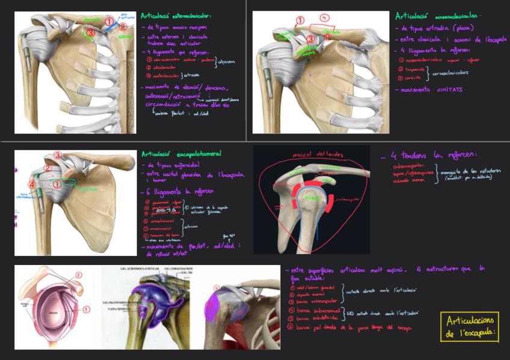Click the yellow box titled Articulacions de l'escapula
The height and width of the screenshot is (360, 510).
469,327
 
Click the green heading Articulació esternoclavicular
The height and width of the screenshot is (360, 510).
177,16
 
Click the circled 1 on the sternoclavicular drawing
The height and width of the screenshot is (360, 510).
109,22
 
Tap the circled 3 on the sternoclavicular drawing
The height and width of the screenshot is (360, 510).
91,34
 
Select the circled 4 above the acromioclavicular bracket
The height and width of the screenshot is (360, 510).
325,18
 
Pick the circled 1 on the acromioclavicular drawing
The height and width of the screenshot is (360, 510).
300,22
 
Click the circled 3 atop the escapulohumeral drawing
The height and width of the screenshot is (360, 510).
58,156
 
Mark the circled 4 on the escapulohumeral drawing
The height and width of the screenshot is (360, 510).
31,184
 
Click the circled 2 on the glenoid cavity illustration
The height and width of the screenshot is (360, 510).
78,275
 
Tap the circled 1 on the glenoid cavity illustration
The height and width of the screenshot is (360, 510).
86,310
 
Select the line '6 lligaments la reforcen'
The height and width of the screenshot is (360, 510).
180,192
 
